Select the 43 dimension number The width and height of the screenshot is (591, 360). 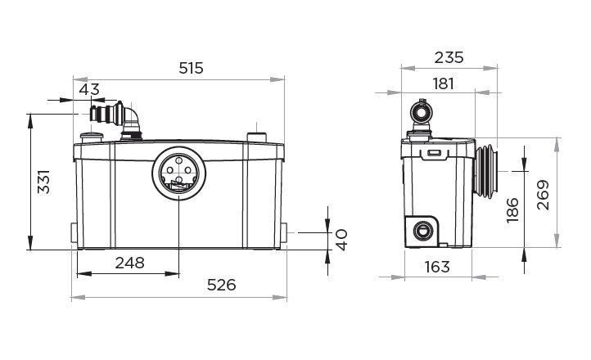(89, 88)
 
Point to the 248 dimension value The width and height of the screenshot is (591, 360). (129, 263)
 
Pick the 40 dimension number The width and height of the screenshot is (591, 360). (341, 239)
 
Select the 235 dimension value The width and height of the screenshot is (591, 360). (448, 56)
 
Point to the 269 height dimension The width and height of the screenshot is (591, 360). (542, 194)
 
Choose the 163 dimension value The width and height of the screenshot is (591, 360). (437, 265)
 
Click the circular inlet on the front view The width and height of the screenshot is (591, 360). (177, 173)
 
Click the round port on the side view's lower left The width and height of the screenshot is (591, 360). (423, 229)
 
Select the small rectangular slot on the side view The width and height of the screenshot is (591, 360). (434, 152)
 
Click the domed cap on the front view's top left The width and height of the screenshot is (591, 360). (89, 134)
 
